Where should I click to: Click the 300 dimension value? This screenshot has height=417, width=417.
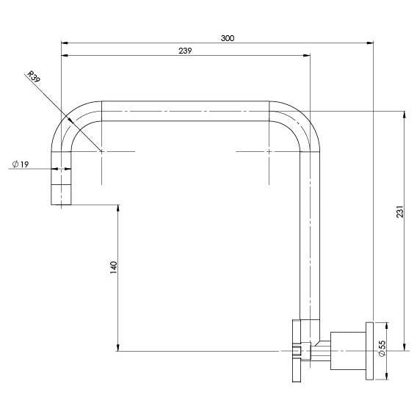[228, 38]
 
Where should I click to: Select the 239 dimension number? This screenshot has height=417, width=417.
[185, 51]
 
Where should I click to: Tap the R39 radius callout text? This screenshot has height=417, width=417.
[34, 77]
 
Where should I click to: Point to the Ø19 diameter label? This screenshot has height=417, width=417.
[21, 164]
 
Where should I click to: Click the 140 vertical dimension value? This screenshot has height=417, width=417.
[114, 267]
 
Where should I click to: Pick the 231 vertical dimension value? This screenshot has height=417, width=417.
[400, 211]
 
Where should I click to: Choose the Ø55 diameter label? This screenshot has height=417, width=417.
[382, 349]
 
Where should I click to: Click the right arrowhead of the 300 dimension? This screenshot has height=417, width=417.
[370, 43]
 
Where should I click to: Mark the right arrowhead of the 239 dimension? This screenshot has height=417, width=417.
[307, 55]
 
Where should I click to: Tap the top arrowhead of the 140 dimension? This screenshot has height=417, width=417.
[117, 208]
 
